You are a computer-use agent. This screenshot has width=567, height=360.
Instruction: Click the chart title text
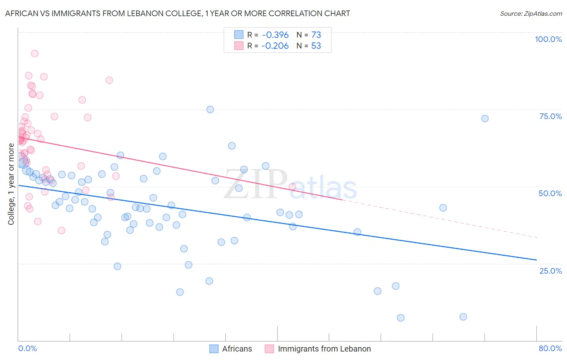[x=177, y=13]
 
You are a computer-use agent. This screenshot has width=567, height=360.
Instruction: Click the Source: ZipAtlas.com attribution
[x=531, y=13]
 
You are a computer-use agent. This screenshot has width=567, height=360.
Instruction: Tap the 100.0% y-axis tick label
[x=548, y=39]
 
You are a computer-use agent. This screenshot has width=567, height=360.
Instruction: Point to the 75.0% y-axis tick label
[x=550, y=116]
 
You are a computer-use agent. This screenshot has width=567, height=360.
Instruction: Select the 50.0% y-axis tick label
[x=550, y=193]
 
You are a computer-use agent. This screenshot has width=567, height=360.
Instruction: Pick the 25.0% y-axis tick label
[x=550, y=270]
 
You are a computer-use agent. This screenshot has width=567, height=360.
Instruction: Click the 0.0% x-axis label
[x=27, y=348]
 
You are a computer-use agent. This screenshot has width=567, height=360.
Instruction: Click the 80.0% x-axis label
[x=550, y=348]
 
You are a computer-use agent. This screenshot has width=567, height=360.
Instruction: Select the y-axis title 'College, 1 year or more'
[x=11, y=184]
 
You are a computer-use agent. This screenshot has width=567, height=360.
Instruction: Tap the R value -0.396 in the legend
[x=275, y=35]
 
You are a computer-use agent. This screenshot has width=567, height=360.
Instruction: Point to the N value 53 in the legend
[x=316, y=46]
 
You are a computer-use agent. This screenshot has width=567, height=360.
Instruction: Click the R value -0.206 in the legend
[x=275, y=46]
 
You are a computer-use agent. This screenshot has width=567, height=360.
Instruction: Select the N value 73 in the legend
[x=316, y=35]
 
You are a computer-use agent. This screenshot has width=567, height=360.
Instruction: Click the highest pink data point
[x=35, y=53]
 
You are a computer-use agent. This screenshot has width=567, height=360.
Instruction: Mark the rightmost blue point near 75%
[x=485, y=118]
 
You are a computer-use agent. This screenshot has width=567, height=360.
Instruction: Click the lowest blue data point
[x=400, y=318]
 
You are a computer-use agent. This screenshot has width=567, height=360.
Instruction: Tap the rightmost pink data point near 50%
[x=292, y=186]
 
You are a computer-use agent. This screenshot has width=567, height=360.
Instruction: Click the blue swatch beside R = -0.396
[x=239, y=35]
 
